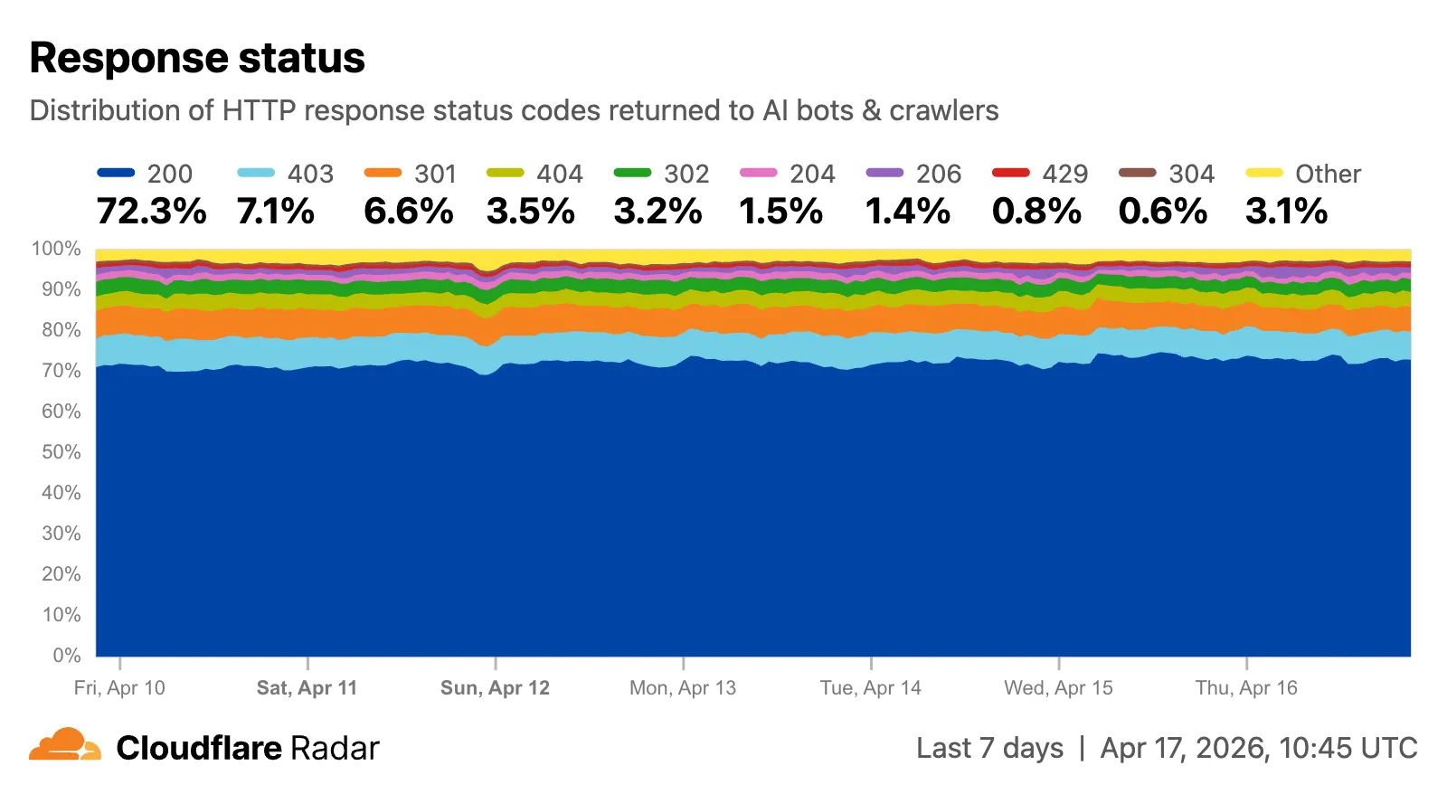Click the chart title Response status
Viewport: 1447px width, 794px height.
(x=197, y=58)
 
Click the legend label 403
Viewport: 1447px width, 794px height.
(x=310, y=174)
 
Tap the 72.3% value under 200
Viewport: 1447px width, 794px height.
(x=151, y=212)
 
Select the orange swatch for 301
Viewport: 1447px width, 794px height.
(x=383, y=173)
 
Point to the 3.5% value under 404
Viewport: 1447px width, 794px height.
(x=530, y=212)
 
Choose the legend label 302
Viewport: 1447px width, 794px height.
(x=686, y=174)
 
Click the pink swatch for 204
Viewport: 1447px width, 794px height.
(x=758, y=173)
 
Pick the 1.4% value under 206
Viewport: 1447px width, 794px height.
(x=907, y=212)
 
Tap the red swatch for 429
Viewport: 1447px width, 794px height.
(x=1010, y=173)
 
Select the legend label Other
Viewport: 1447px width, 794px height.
(x=1328, y=174)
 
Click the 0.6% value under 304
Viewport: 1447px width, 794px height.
(x=1162, y=212)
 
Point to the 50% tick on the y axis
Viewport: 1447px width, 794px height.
(x=61, y=452)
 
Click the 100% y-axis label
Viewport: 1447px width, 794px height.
(x=57, y=249)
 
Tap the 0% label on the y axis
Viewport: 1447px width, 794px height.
(x=66, y=656)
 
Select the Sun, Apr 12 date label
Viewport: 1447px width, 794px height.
(x=495, y=688)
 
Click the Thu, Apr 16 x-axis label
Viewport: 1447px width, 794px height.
(x=1246, y=688)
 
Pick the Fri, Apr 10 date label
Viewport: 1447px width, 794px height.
(x=119, y=688)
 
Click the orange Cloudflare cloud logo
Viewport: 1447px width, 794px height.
(x=65, y=745)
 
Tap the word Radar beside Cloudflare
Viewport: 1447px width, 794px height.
(x=335, y=749)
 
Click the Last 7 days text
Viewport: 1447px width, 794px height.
(x=989, y=749)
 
